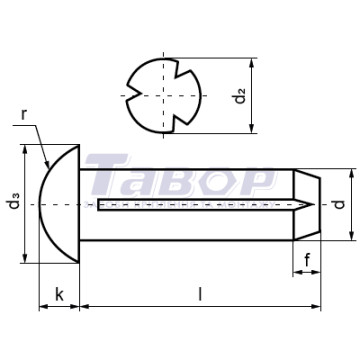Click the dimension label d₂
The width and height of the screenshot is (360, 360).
coord(240,95)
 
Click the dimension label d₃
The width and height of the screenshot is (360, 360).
coord(14,204)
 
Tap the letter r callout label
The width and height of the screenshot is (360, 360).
coord(23,114)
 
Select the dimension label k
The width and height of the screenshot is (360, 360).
coord(59,295)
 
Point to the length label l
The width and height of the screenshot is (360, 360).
coord(200,294)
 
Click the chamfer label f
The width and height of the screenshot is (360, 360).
coord(307,260)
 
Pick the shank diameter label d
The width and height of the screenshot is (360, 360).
coord(339,204)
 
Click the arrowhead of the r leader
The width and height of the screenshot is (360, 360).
coord(47,164)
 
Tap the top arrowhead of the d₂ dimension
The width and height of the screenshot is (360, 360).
coord(252,63)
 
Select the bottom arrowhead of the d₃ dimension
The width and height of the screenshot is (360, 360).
coord(24,258)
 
